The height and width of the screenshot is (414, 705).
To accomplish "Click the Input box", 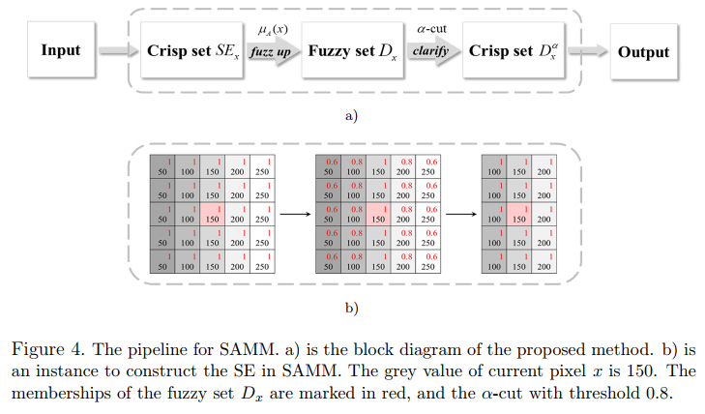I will point(61,50).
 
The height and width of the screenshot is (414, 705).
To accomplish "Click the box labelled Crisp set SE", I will point(191,50).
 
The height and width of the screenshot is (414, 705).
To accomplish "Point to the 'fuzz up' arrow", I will point(271,51).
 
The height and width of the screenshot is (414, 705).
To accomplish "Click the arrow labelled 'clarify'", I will point(431,51).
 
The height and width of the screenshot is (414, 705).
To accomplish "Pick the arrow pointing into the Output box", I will point(593,51).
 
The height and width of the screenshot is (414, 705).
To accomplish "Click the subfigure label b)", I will point(352,309).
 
